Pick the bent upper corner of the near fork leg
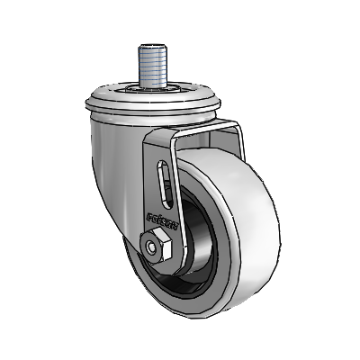click(x=157, y=135)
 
